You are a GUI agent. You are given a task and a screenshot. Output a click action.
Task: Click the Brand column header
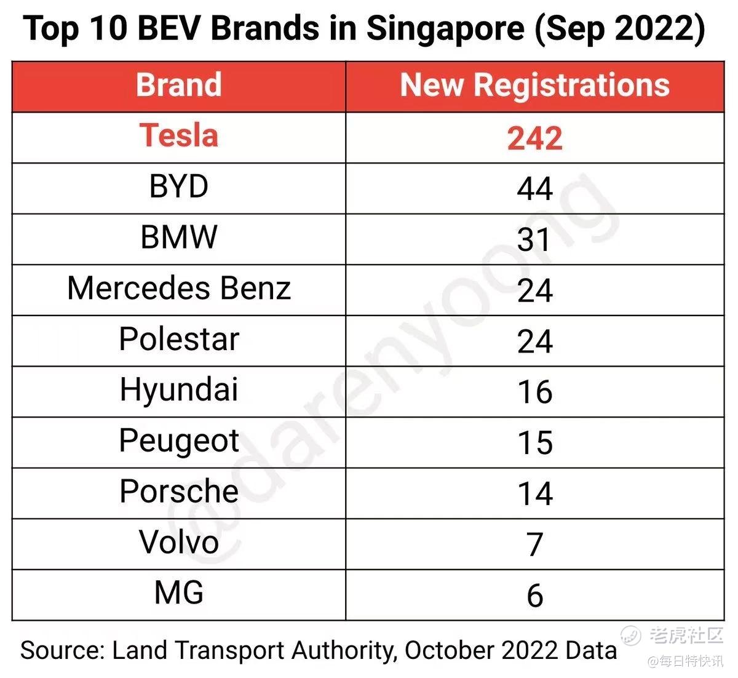click(x=178, y=85)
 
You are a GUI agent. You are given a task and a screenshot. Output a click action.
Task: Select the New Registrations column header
click(x=534, y=85)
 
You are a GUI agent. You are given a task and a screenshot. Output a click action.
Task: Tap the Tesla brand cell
click(x=178, y=135)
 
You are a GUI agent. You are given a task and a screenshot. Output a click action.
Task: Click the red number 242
click(x=534, y=138)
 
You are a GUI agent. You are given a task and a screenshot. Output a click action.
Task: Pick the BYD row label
click(x=178, y=186)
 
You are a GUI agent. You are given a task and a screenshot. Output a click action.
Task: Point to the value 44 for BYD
click(x=534, y=188)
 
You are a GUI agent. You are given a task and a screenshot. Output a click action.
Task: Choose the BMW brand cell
click(x=178, y=237)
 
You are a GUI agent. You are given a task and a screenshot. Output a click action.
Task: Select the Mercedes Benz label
click(x=178, y=288)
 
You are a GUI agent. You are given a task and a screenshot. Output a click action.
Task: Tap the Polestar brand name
click(x=178, y=339)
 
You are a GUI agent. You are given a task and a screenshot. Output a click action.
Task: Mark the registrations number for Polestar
click(x=534, y=341)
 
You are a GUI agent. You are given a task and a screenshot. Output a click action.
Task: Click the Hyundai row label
click(x=178, y=390)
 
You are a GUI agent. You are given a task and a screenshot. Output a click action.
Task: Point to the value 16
click(x=534, y=392)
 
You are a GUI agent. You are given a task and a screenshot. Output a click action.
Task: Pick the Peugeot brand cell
click(x=178, y=441)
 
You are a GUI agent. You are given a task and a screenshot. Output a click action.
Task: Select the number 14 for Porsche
click(x=534, y=493)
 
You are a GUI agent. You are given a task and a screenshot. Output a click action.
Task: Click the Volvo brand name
click(x=178, y=543)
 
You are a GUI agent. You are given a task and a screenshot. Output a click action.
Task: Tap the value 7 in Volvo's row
click(x=534, y=544)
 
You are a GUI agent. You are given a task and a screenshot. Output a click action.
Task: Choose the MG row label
click(x=178, y=593)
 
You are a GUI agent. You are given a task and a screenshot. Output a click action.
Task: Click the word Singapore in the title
click(x=445, y=30)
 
